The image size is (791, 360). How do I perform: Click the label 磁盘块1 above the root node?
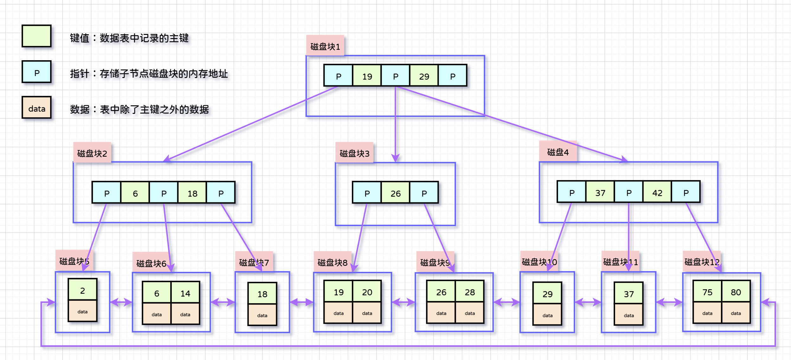(x=325, y=46)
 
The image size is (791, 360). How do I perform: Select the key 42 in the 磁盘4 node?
(x=657, y=192)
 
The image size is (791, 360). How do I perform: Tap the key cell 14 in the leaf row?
(x=185, y=293)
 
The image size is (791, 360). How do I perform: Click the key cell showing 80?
(x=736, y=291)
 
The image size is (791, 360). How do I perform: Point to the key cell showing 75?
(x=707, y=291)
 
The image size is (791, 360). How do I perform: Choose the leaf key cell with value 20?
(x=367, y=291)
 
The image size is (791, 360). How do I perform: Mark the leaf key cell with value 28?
(x=470, y=291)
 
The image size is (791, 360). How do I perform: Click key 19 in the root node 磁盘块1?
(x=367, y=76)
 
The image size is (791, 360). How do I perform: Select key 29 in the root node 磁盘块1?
(x=424, y=76)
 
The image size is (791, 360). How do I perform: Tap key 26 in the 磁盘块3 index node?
(x=395, y=193)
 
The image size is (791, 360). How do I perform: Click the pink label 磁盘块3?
(x=354, y=153)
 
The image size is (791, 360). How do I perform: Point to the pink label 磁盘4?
(x=558, y=152)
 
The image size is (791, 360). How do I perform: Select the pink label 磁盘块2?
(x=92, y=153)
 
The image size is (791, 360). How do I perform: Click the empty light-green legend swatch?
(x=36, y=36)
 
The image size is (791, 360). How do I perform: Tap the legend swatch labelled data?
(x=36, y=108)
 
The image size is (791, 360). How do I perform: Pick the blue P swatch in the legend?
(x=36, y=72)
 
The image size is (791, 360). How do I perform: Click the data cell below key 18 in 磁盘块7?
(x=262, y=315)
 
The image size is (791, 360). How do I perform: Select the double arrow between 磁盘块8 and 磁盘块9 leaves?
(x=403, y=302)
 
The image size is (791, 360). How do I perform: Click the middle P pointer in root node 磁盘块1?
(x=395, y=76)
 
